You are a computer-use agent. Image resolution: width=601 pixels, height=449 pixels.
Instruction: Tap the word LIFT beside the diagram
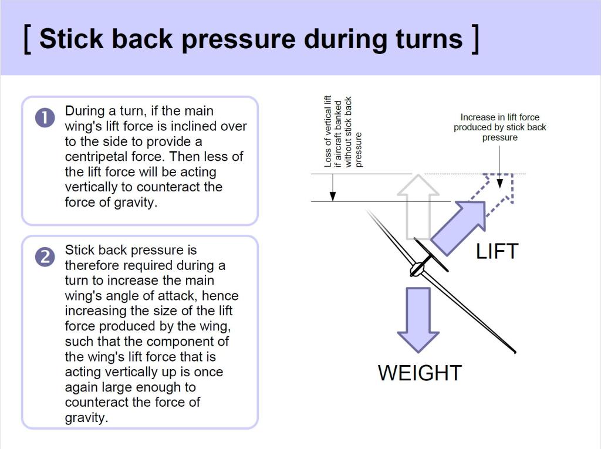(x=497, y=252)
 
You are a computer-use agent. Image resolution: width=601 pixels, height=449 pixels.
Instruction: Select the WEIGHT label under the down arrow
(x=420, y=373)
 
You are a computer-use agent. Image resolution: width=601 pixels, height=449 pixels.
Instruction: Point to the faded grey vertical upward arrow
(x=417, y=205)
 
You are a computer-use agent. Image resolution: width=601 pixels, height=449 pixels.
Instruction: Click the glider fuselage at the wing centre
(x=417, y=269)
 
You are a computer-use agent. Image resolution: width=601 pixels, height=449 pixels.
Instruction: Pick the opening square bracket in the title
(x=27, y=39)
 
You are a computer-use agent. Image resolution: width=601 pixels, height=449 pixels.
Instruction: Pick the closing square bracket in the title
(x=475, y=39)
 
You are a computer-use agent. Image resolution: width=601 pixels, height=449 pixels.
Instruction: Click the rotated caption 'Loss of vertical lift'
(x=328, y=131)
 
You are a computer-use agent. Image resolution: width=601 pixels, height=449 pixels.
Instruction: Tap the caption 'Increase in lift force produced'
(x=499, y=127)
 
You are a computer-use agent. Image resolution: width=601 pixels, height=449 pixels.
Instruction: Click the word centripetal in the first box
(x=97, y=157)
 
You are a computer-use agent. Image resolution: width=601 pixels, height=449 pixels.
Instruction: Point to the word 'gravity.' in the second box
(x=86, y=418)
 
